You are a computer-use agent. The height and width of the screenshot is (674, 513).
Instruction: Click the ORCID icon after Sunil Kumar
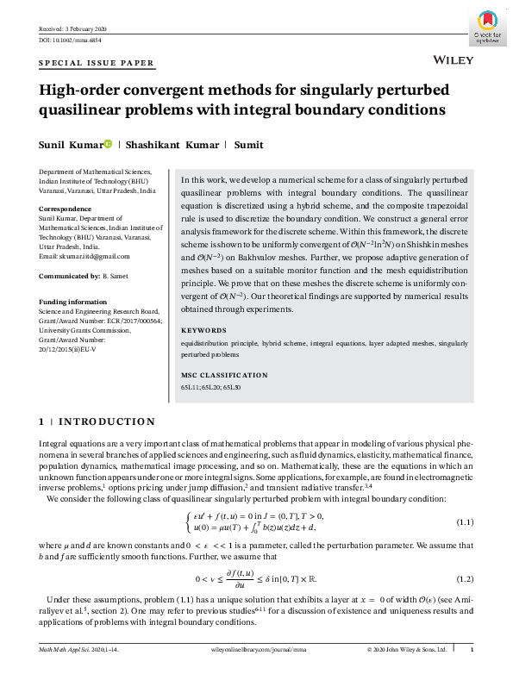[x=108, y=145]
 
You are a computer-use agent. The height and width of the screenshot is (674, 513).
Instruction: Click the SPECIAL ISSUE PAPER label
[x=97, y=63]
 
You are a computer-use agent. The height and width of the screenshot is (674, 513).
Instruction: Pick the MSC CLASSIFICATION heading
[x=223, y=375]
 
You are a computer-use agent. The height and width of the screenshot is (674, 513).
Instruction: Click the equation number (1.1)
[x=466, y=522]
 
